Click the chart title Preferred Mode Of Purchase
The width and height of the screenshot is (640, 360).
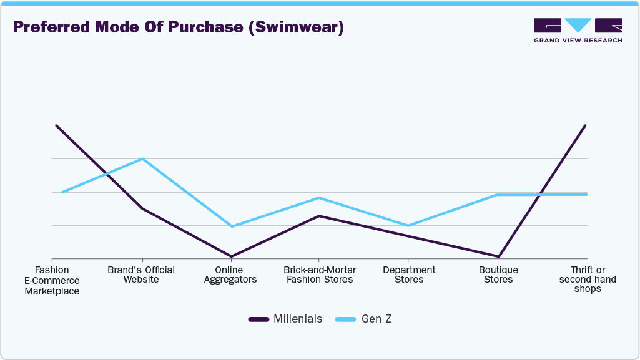pos(178,28)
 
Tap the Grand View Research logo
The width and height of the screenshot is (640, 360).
pos(578,30)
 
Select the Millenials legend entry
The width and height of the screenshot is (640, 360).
pos(285,319)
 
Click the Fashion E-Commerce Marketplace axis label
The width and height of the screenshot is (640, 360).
pos(52,280)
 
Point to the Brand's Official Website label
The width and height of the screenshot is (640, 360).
pos(141,275)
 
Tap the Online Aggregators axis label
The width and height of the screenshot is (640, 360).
pos(231,275)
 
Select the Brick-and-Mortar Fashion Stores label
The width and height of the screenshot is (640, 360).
pos(320,275)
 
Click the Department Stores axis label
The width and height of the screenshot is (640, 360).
pos(409,275)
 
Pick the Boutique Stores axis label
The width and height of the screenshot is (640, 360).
pos(498,275)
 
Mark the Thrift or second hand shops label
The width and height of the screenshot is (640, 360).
pos(587,280)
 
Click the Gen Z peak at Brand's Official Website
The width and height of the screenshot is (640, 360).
pos(143,158)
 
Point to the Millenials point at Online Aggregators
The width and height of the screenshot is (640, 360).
pos(232,256)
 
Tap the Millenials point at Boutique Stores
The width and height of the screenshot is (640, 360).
pos(498,256)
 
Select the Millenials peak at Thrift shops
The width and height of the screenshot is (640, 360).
pos(585,125)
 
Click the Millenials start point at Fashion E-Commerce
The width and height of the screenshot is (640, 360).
pos(56,125)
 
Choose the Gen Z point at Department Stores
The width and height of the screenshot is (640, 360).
pos(408,225)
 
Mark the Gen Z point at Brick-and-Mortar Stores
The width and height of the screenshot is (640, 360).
pos(320,198)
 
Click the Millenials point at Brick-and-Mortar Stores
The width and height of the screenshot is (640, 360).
pos(320,216)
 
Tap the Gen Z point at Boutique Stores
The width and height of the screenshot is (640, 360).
pos(498,195)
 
